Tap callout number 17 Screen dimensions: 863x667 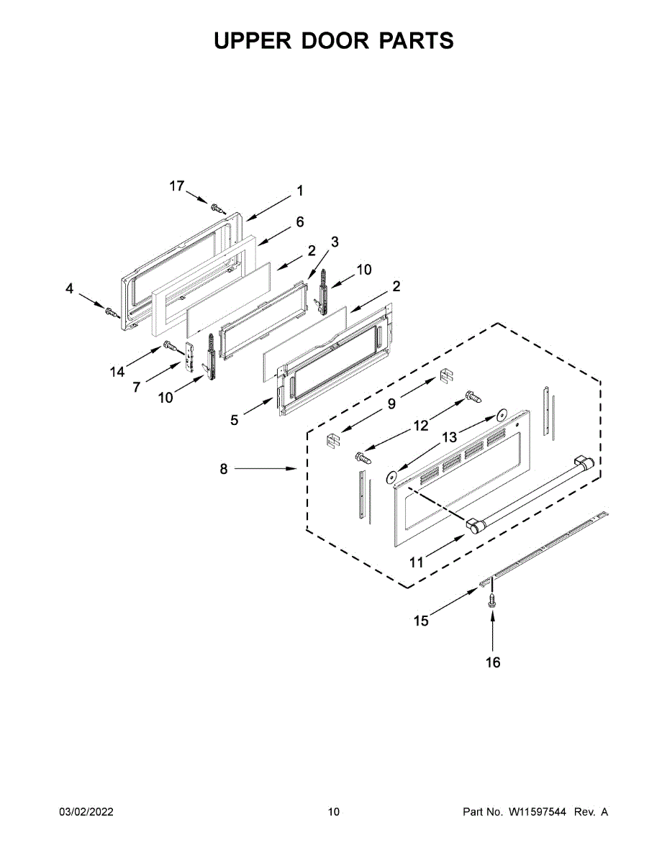tap(177, 186)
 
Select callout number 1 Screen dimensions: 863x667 tap(299, 191)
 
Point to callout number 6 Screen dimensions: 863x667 tap(299, 222)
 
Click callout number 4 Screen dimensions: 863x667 tap(69, 288)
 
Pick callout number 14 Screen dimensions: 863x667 tap(117, 371)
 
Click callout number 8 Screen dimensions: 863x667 tap(223, 469)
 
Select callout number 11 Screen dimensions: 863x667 tap(417, 562)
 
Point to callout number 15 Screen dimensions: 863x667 tap(421, 620)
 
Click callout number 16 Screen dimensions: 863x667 tap(493, 662)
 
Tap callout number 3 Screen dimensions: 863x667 tap(335, 241)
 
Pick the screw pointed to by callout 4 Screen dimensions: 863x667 tap(111, 312)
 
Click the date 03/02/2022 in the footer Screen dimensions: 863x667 tap(86, 812)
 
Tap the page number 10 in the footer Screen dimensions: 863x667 tap(333, 812)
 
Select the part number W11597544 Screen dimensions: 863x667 tap(537, 812)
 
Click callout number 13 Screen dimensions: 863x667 tap(449, 437)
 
